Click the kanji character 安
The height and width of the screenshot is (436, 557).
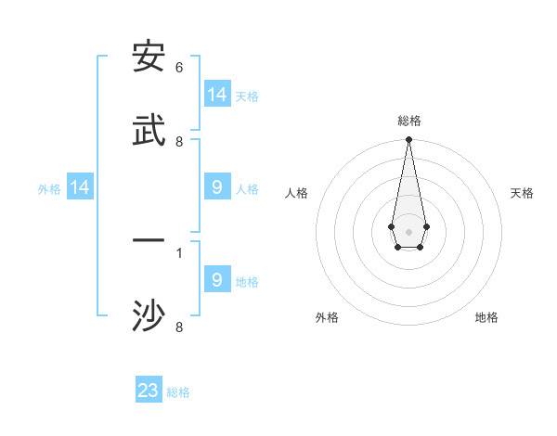149,58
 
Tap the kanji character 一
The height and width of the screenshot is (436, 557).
149,240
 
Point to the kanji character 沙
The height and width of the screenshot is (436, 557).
149,315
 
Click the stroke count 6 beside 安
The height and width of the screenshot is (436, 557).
179,68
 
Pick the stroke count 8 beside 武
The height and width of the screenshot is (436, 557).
179,142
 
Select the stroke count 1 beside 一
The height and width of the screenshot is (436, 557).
179,251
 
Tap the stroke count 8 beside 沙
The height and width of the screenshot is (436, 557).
179,327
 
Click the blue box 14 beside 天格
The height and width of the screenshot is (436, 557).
217,95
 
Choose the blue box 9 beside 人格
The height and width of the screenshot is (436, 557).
217,187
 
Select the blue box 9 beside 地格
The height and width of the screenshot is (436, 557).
217,279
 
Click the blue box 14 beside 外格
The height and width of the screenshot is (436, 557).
80,187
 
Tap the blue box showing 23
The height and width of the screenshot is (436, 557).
149,391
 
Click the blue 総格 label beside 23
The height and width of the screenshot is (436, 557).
178,392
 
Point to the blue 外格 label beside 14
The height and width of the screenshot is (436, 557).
49,189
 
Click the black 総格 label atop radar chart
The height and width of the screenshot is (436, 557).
408,121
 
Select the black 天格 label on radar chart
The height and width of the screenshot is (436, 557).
522,193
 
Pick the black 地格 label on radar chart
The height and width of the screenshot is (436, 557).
486,317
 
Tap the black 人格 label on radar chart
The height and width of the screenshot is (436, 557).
296,193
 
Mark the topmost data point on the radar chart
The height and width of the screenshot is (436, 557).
408,140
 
